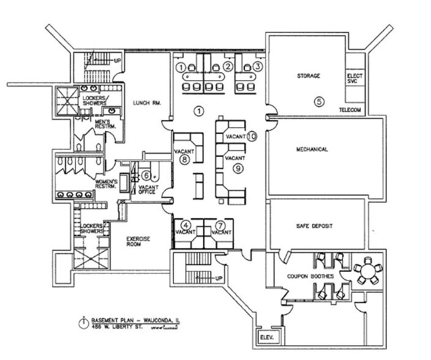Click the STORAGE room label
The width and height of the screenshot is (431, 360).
pyautogui.click(x=309, y=77)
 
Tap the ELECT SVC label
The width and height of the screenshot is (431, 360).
pyautogui.click(x=355, y=80)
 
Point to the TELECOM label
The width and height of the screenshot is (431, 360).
pyautogui.click(x=350, y=110)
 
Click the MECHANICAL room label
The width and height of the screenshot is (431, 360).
pyautogui.click(x=312, y=149)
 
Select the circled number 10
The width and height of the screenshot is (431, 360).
pyautogui.click(x=252, y=136)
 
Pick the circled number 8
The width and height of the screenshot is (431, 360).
pyautogui.click(x=184, y=159)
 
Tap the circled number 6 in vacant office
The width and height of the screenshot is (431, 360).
pyautogui.click(x=146, y=176)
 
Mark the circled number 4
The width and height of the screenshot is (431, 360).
pyautogui.click(x=186, y=225)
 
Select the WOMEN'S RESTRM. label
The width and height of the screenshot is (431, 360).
pyautogui.click(x=108, y=186)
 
